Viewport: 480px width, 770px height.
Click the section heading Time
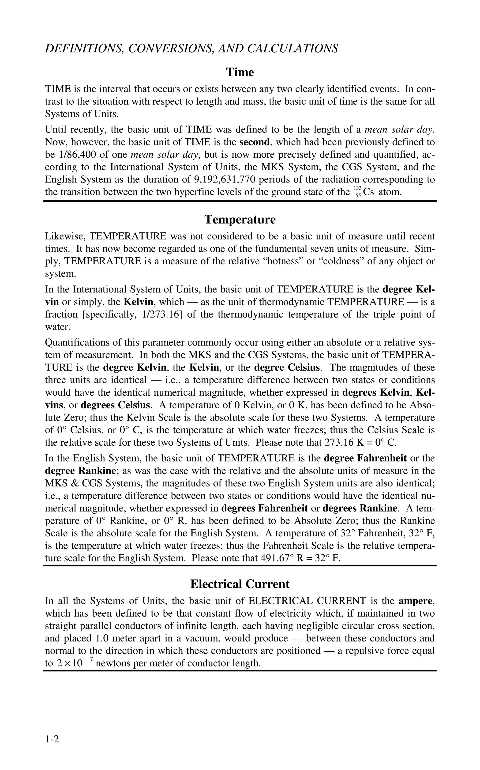click(x=240, y=72)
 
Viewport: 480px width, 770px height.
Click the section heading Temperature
click(x=240, y=220)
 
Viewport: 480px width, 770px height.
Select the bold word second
click(x=254, y=142)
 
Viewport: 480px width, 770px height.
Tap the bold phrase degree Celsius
click(x=287, y=368)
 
